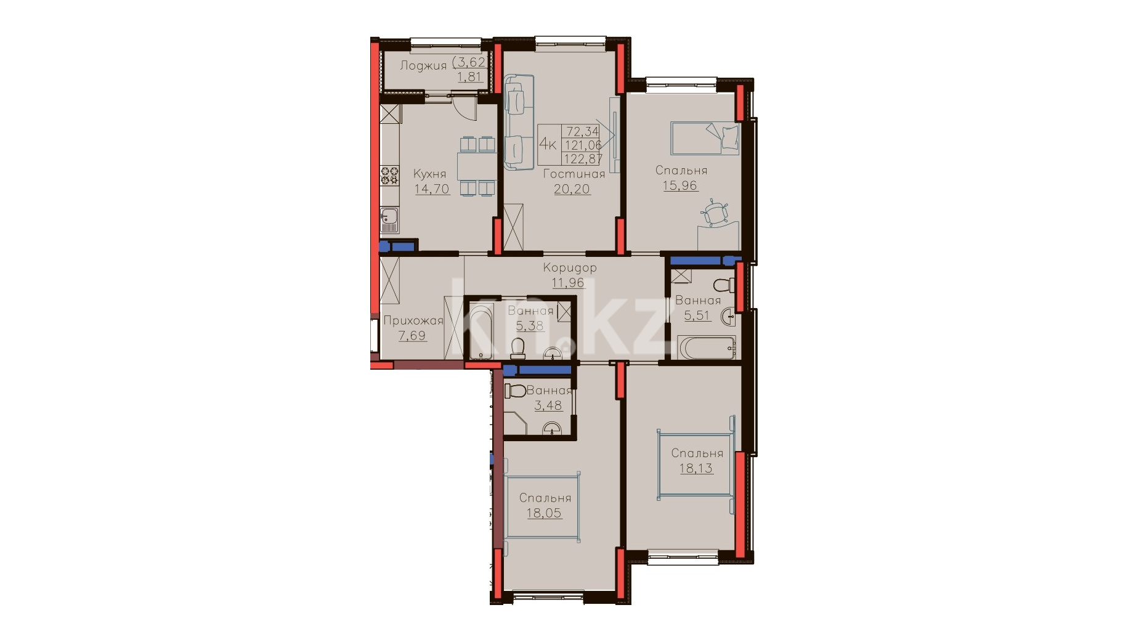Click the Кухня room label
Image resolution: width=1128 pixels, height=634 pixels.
coord(429,174)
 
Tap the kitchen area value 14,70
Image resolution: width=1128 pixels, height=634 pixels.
coord(432,189)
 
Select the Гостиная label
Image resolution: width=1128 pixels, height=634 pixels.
coord(574,174)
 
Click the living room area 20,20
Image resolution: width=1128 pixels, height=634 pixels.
coord(572,189)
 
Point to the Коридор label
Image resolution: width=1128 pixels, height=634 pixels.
coord(570,268)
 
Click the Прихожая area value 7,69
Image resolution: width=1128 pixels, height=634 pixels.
coord(412,336)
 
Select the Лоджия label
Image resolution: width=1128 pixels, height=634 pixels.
coord(423,65)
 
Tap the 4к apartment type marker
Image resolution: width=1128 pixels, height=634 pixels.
coord(548,144)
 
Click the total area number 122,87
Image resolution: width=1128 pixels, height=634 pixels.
coord(583,159)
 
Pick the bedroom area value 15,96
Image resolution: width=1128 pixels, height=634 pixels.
coord(680,185)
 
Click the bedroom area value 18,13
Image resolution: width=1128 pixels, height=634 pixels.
coord(696,468)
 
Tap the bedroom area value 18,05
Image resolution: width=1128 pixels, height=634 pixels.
coord(544,513)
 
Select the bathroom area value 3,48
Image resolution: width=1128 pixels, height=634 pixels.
coord(548,405)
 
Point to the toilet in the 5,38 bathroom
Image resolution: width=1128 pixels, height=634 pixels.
coord(517,349)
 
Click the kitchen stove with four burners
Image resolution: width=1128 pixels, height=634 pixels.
coord(389,176)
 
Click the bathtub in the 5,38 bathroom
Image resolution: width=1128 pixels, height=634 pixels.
coord(481,331)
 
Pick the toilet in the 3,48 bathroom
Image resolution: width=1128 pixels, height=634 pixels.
coord(515,391)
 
